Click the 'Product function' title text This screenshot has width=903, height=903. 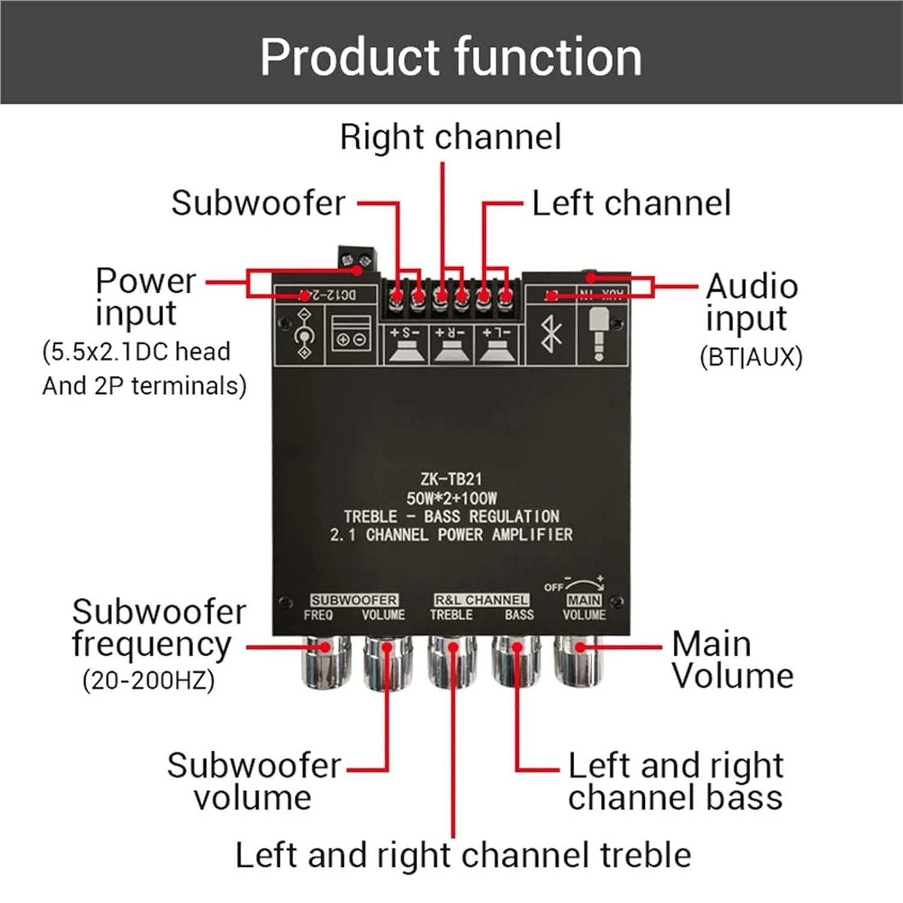(451, 57)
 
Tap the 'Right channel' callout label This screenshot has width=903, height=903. (450, 137)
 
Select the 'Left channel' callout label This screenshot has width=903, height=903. (631, 203)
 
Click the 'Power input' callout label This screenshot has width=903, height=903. (145, 297)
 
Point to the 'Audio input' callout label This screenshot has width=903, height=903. (752, 302)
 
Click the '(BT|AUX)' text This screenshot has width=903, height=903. (751, 357)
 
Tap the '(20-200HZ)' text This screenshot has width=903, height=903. (149, 681)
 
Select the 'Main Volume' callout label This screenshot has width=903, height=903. (732, 660)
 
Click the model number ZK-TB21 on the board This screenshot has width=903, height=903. (451, 479)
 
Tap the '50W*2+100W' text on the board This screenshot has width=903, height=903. (451, 498)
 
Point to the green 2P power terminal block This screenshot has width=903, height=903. (358, 258)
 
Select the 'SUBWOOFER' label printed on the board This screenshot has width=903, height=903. (354, 600)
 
